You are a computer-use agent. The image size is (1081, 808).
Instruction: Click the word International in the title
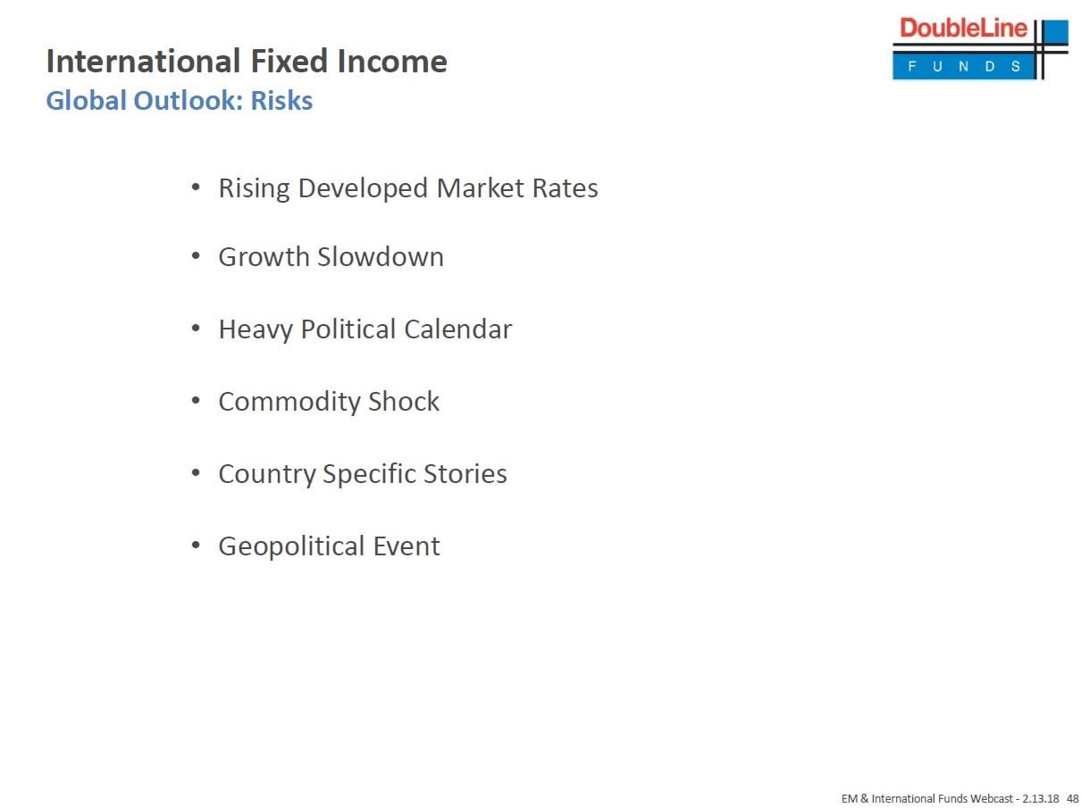point(143,61)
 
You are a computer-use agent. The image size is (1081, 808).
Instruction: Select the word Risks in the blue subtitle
point(281,100)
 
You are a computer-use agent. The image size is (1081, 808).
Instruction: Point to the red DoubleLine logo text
point(963,28)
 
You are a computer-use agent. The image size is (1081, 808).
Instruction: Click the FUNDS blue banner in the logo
point(964,66)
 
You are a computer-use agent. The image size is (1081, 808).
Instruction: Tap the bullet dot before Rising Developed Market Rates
point(196,187)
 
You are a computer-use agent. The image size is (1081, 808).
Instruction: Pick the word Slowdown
point(381,257)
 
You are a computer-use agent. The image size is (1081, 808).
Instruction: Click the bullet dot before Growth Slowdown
point(196,256)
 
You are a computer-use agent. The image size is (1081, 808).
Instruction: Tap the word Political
point(348,329)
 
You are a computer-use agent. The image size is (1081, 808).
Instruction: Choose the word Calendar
point(458,329)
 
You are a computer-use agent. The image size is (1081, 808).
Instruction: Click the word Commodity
point(289,402)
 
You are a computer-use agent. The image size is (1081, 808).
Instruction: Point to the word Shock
point(403,401)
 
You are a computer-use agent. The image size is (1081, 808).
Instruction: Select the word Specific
point(368,474)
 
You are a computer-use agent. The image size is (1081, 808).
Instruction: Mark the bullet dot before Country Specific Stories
point(196,473)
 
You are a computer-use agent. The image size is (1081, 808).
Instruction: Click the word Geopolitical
point(291,546)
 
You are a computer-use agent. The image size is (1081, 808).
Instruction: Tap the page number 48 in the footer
point(1073,798)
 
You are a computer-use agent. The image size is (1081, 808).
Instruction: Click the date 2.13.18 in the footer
point(1041,798)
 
